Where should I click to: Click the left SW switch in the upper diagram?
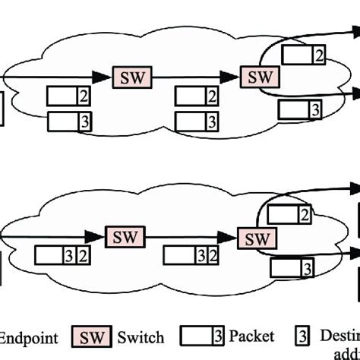(x=131, y=76)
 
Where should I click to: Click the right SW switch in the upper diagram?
(x=260, y=76)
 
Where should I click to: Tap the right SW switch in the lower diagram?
(x=254, y=238)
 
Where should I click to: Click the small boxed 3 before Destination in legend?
(x=300, y=336)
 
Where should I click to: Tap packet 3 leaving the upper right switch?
(x=299, y=109)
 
